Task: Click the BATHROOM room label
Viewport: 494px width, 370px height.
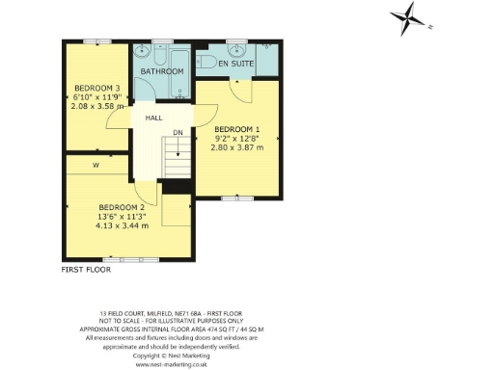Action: click(162, 72)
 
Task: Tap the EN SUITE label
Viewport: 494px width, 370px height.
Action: click(235, 64)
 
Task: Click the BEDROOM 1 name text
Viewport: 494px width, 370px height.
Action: click(236, 129)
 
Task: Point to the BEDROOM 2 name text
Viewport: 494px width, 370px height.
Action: click(122, 207)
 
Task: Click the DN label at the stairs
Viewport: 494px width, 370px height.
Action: click(178, 133)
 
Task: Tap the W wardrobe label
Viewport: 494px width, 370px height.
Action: click(96, 165)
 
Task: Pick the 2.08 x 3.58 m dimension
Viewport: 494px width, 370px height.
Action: click(96, 106)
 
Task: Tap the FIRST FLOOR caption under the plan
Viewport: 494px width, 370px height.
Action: click(86, 271)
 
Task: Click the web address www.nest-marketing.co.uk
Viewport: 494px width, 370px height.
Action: click(174, 365)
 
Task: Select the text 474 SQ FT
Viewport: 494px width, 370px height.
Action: click(196, 329)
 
